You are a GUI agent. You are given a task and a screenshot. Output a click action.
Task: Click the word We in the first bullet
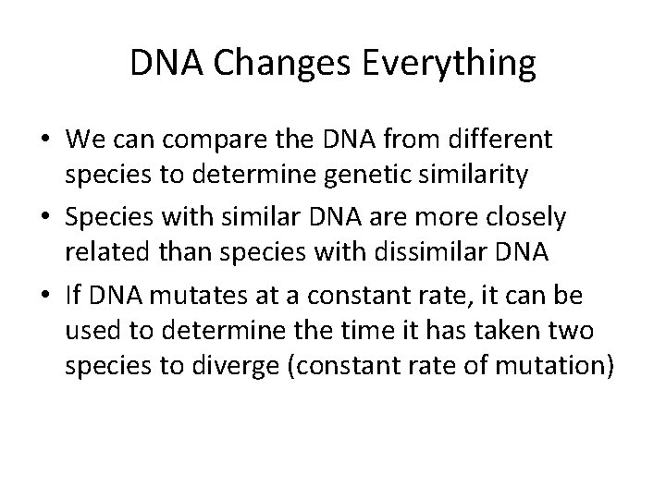pos(83,140)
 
